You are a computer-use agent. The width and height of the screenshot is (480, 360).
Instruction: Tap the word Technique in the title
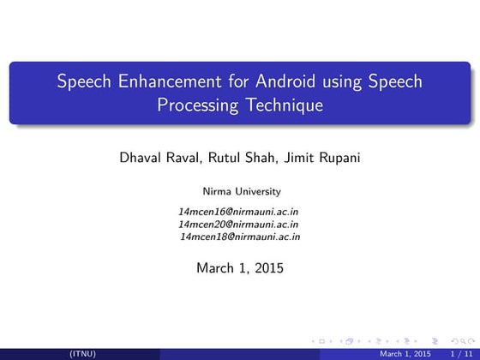(279, 106)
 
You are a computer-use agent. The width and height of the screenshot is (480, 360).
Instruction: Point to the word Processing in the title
(195, 106)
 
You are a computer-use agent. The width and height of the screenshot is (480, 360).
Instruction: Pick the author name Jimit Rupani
(321, 159)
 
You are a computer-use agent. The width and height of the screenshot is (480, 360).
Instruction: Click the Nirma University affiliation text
(240, 190)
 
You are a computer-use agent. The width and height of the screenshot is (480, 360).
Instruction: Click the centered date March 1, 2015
(240, 268)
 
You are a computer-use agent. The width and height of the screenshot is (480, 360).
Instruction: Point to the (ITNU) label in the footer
(82, 353)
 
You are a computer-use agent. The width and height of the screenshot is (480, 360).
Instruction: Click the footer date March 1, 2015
(405, 353)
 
